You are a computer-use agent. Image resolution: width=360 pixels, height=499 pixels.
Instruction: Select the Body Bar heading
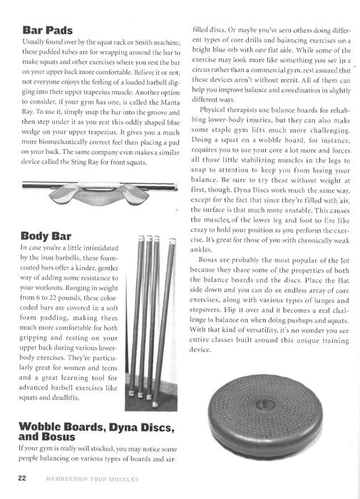(x=48, y=235)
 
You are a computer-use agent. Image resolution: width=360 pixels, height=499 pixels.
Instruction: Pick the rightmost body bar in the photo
(x=171, y=314)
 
